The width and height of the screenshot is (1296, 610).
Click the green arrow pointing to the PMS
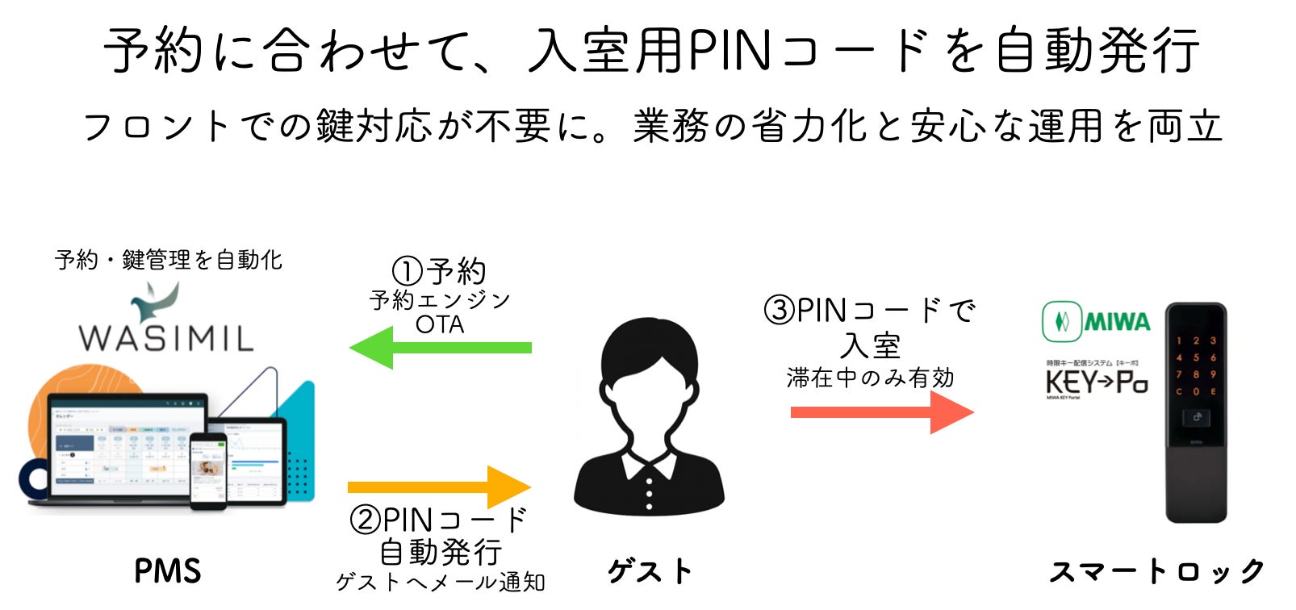coord(440,348)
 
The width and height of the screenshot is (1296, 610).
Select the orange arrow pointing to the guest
coord(440,487)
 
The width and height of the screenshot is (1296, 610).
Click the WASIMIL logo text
coord(166,336)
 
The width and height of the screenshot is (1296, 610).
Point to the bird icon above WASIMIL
coord(156,300)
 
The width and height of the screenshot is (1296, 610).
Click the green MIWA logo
coord(1096,322)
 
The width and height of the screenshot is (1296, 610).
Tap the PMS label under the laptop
coord(167,571)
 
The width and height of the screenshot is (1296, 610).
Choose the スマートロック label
coord(1156,571)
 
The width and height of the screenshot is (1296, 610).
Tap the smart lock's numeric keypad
coord(1196,366)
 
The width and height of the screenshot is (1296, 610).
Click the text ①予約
coord(439,271)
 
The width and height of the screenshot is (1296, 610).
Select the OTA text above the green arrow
coord(440,324)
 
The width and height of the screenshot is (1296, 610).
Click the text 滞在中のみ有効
coord(870,378)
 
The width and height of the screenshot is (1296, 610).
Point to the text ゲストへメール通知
coord(440,582)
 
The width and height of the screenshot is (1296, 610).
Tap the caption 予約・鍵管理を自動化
coord(169,260)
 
